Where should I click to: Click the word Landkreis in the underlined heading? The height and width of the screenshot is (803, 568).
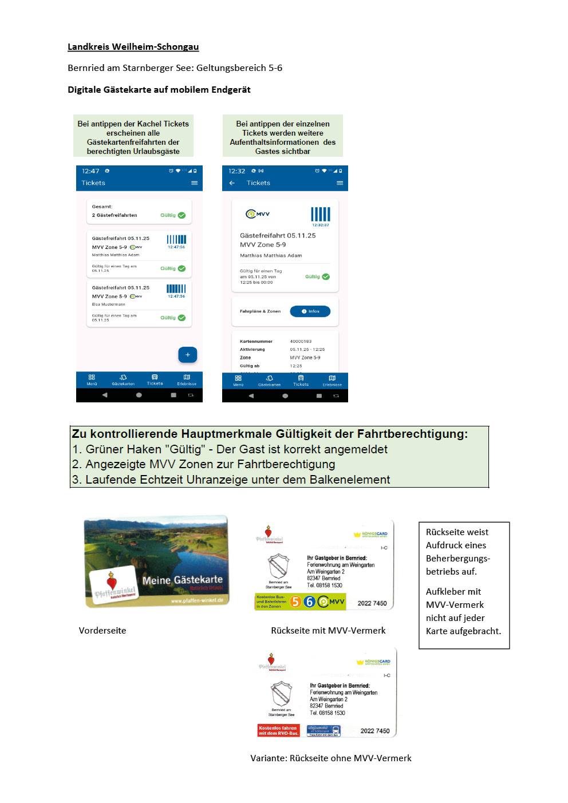[88, 47]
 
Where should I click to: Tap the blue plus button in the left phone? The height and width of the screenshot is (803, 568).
[187, 355]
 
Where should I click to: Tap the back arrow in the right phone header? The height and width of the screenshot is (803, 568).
[232, 183]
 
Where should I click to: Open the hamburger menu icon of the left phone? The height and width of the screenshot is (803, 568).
[194, 183]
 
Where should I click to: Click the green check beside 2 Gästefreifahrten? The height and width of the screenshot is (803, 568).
[182, 215]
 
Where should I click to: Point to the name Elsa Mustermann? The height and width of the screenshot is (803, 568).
[109, 304]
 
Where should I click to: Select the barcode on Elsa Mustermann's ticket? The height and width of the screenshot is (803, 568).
[176, 288]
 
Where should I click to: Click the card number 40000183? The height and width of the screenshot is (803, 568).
[301, 341]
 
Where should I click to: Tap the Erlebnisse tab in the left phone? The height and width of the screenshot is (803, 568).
[187, 380]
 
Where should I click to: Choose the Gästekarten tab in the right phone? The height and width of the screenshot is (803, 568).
[269, 381]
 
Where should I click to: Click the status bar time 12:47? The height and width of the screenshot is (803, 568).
[90, 171]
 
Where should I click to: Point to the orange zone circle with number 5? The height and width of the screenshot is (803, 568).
[295, 602]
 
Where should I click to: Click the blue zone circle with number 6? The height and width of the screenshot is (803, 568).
[309, 602]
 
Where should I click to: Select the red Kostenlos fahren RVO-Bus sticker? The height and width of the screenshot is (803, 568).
[278, 730]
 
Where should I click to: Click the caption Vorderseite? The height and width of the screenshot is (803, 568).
[102, 631]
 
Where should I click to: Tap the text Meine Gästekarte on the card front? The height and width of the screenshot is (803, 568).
[182, 580]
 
